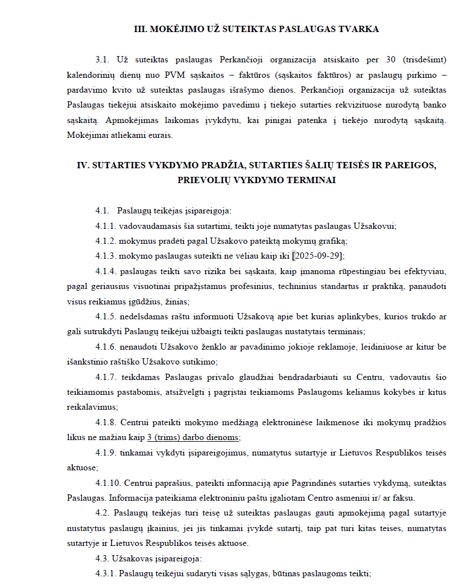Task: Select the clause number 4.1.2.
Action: point(106,240)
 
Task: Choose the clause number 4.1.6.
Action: point(106,346)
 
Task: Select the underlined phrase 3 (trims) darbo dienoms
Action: point(194,437)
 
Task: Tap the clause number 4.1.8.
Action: point(106,422)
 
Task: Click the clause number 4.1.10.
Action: point(108,482)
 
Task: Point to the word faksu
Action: point(405,497)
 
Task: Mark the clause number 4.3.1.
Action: point(106,573)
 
